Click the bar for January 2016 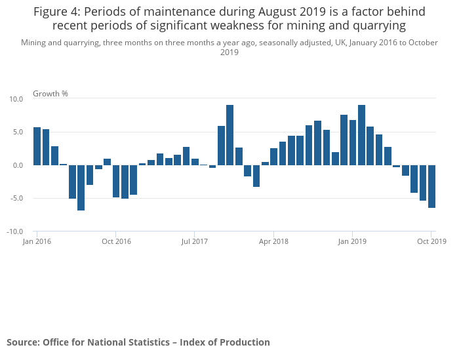tap(37, 146)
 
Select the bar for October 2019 tap(431, 186)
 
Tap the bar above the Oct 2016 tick tap(115, 181)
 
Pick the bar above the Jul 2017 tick tap(195, 162)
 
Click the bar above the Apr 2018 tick tap(273, 157)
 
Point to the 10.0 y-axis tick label tap(16, 99)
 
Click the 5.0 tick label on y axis tap(18, 132)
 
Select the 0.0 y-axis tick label tap(18, 165)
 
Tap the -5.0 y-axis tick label tap(16, 198)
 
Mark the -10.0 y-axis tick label tap(15, 231)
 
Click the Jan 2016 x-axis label tap(37, 241)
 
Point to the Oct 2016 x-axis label tap(116, 241)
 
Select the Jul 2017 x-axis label tap(195, 241)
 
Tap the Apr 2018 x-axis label tap(274, 241)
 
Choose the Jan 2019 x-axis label tap(353, 241)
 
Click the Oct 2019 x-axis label tap(431, 241)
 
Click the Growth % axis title tap(50, 93)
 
